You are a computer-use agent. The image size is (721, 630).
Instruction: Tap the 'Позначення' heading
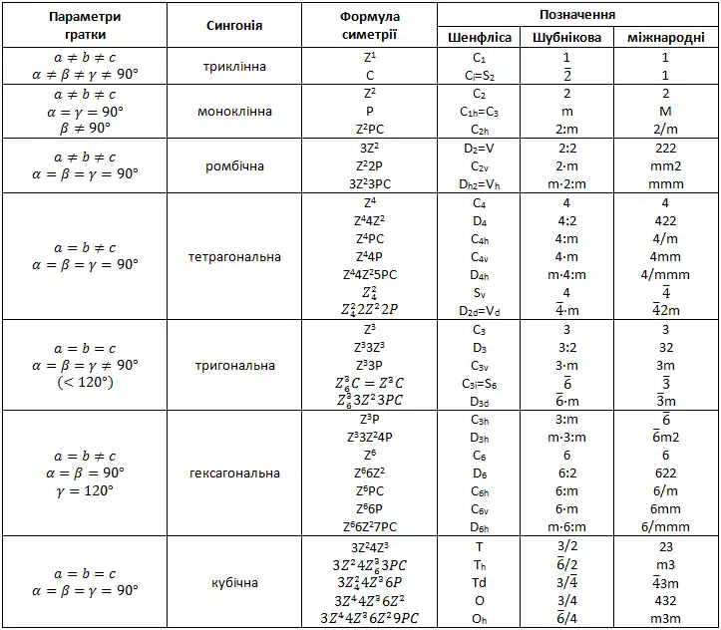(x=576, y=15)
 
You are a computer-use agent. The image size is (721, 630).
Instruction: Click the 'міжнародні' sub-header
(x=665, y=38)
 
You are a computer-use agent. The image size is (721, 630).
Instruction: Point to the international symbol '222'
(x=665, y=148)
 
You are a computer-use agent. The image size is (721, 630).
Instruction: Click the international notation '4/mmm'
(x=665, y=275)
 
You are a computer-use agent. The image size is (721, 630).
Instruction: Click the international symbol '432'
(x=665, y=600)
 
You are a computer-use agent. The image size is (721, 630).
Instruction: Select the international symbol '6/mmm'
(x=665, y=527)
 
